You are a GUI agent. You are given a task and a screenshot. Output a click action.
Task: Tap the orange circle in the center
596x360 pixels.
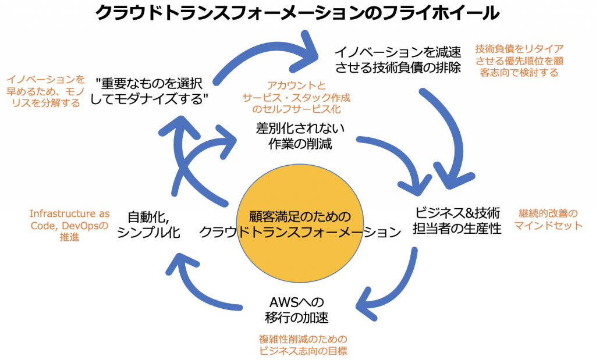coord(300,227)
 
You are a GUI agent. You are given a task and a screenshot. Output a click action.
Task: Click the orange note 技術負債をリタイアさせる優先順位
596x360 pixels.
coord(519,60)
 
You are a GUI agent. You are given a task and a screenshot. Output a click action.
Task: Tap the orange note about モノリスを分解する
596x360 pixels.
coord(45,91)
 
